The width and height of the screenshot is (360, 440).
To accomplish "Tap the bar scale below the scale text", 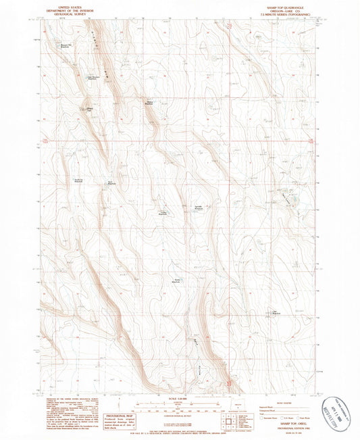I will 179,406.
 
